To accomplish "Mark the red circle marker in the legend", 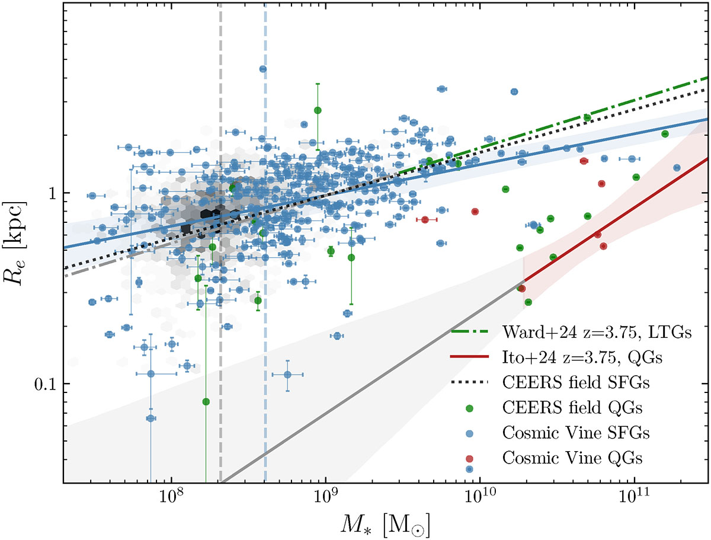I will (x=469, y=458).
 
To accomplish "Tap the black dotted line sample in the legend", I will (x=469, y=382).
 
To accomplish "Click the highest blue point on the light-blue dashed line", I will (x=263, y=69).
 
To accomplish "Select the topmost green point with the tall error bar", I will (x=318, y=110).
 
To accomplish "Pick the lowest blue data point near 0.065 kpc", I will (x=150, y=418).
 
